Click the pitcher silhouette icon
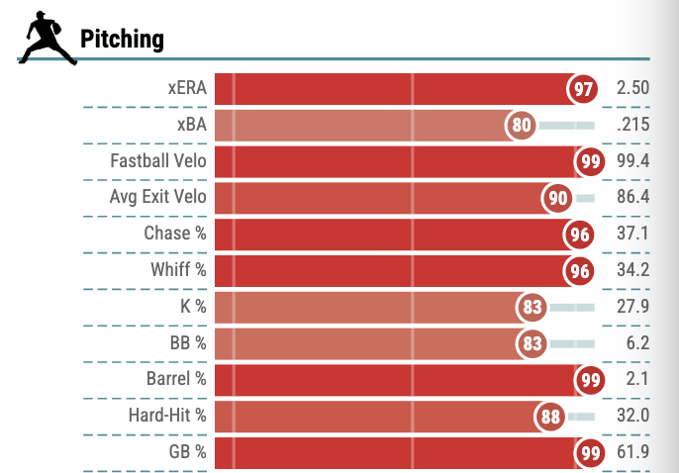47,38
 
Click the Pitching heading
122,40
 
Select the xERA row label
187,88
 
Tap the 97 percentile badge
582,89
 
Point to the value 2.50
633,88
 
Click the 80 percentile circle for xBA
521,125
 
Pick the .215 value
633,125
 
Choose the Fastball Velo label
158,161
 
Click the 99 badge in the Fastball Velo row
590,161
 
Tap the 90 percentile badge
557,198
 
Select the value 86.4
633,197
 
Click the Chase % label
175,234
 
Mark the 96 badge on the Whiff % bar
579,271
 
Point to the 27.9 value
633,307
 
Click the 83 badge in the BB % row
532,343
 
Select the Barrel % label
176,379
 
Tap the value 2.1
637,379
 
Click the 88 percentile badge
550,417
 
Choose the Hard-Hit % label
167,416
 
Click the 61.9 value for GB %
633,452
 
